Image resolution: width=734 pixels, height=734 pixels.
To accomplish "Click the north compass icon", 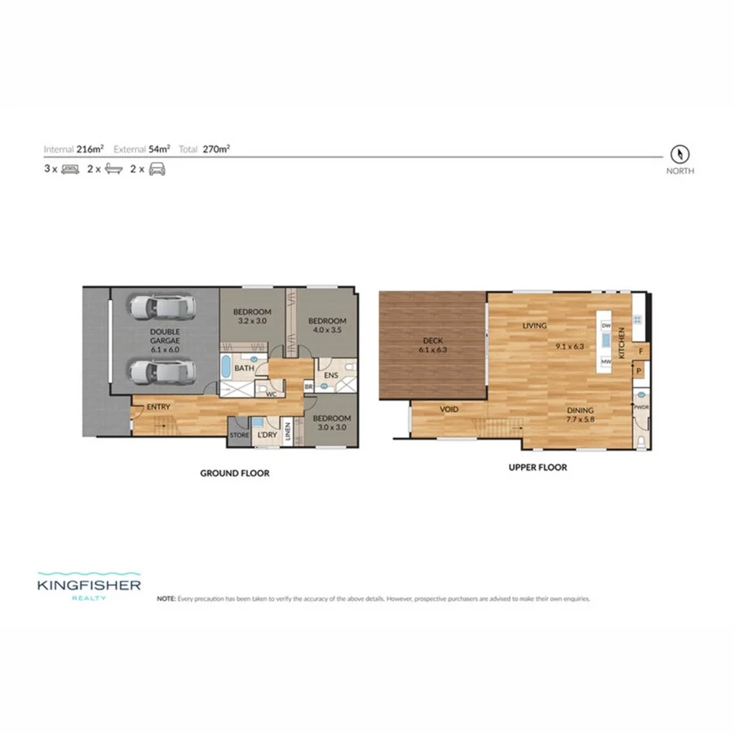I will [x=680, y=153].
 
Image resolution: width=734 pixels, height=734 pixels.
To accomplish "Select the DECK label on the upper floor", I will [x=432, y=342].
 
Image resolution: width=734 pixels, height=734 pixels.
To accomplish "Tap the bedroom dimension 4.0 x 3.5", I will [x=327, y=332].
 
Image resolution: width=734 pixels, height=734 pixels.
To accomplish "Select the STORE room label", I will [x=240, y=436].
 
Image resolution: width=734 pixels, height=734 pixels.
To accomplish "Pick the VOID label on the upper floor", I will [x=450, y=409].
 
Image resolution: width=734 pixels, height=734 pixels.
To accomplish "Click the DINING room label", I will [x=581, y=410].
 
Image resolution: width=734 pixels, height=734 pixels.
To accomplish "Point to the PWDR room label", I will [x=641, y=405].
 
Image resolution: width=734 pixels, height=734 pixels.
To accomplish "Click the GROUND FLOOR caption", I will [x=235, y=473].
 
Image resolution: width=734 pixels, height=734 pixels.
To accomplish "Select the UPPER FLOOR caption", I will [x=537, y=468].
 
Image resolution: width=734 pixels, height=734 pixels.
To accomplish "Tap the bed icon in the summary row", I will [x=69, y=170].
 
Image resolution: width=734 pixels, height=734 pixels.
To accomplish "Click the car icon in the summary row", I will [x=157, y=170].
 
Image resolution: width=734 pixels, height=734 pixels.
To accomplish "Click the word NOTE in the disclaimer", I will [x=166, y=598].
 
